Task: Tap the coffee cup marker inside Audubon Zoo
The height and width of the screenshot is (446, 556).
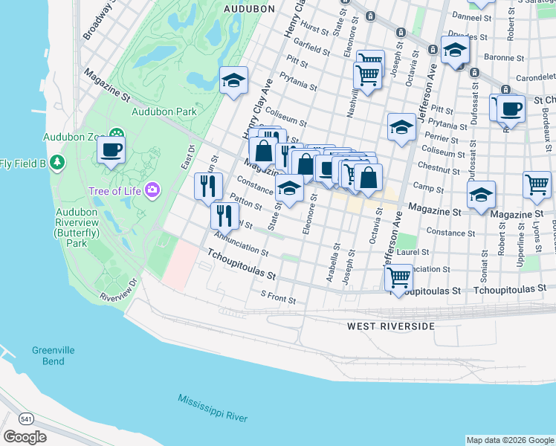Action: pos(111,149)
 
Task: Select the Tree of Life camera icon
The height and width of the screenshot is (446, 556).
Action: pos(153,190)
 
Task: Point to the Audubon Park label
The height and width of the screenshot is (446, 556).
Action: pos(164,112)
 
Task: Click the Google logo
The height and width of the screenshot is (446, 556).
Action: pos(25,436)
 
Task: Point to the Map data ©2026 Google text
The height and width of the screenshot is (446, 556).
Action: pos(509,440)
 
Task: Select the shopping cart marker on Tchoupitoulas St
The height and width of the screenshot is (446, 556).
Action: pos(399,278)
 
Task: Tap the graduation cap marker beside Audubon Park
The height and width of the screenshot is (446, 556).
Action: pos(233,80)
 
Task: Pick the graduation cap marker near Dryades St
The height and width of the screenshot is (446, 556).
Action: pos(455,50)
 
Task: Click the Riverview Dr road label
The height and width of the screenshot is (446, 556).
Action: pos(118,291)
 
